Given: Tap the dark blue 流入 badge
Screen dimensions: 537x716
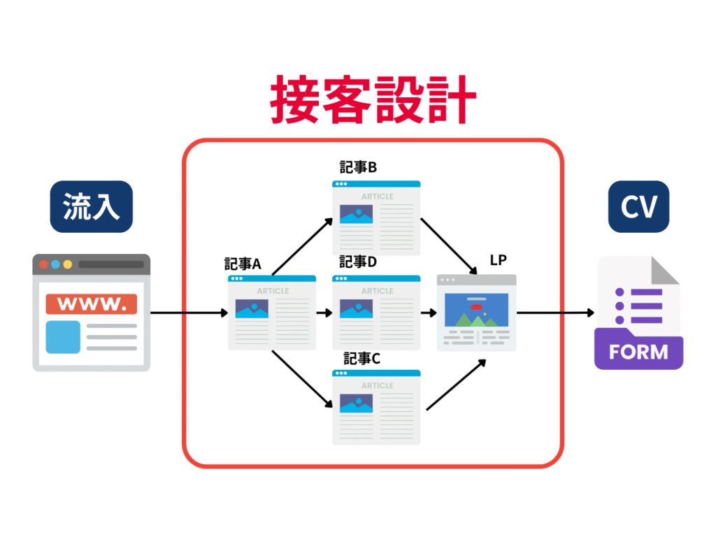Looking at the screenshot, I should [91, 207].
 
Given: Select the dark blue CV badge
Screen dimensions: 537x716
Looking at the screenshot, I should [638, 207].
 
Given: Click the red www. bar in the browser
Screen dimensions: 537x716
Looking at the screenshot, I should [91, 304].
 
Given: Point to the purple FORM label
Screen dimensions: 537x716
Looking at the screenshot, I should [638, 351].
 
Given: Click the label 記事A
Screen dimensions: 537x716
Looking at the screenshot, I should [243, 264].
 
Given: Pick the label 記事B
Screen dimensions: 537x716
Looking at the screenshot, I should [358, 168].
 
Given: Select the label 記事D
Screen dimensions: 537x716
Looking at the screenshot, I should [358, 262].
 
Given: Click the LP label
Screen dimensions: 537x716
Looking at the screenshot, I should [498, 261].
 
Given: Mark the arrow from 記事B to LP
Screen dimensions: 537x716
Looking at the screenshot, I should [448, 246].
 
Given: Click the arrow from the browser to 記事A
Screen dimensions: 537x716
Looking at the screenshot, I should [189, 313].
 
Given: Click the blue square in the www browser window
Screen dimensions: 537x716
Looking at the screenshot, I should [63, 337].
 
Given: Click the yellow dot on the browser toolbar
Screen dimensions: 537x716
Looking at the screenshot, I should [68, 264].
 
